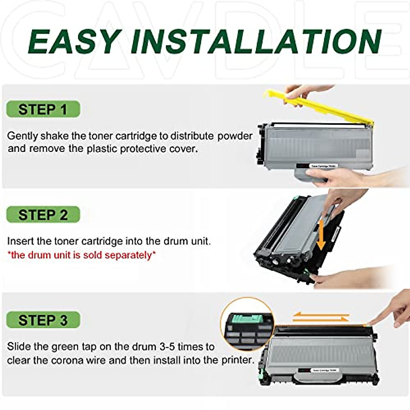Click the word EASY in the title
click(x=74, y=42)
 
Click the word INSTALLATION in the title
click(x=256, y=42)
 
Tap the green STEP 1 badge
click(x=43, y=109)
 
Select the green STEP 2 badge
click(x=43, y=215)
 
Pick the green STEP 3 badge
click(x=43, y=320)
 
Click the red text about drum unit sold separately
click(x=81, y=255)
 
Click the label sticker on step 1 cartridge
click(x=323, y=166)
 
